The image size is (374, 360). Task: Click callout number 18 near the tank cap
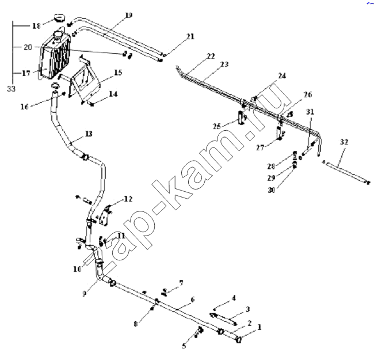tap(36, 26)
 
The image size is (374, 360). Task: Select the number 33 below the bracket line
tap(11, 89)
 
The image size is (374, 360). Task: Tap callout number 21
tap(190, 36)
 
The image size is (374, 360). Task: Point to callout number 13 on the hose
tap(89, 134)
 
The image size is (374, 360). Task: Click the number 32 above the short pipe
tap(344, 142)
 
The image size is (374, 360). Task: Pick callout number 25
tap(217, 126)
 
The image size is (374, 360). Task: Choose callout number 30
tap(272, 190)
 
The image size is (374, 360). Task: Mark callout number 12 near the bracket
tap(128, 199)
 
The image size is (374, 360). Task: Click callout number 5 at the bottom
tap(184, 346)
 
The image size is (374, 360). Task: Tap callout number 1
tap(259, 327)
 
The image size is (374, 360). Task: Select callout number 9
tap(84, 293)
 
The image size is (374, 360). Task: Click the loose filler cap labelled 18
tap(59, 18)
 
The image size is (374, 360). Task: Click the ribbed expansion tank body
tap(56, 56)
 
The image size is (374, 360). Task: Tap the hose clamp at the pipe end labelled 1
tap(239, 339)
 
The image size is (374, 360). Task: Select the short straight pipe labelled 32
tap(346, 172)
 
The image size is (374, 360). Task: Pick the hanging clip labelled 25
tap(241, 118)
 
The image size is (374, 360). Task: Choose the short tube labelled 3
tap(224, 319)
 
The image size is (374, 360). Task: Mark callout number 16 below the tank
tap(24, 107)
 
